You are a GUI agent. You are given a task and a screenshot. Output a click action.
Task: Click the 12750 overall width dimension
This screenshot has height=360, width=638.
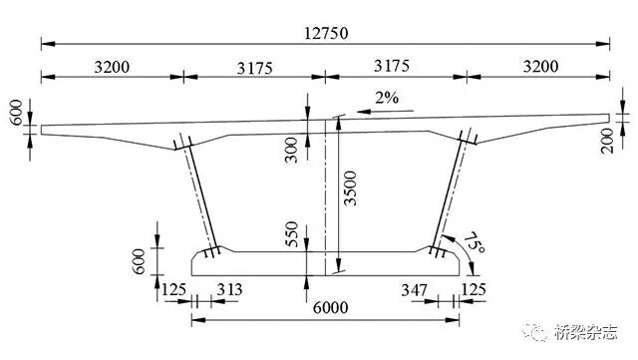[326, 33]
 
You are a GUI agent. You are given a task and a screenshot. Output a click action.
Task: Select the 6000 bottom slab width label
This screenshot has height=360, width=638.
[330, 308]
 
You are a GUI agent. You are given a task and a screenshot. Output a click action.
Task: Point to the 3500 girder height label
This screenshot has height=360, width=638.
[350, 188]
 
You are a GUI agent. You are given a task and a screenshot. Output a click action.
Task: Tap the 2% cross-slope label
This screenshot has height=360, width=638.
[387, 98]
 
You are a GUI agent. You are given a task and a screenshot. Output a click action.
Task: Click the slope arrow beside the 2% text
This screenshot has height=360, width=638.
[385, 111]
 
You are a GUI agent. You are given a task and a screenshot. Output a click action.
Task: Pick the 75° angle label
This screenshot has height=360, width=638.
[475, 243]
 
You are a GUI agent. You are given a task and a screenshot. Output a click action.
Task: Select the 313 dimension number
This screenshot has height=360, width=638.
[229, 289]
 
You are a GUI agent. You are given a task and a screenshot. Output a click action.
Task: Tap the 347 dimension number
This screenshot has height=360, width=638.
[415, 290]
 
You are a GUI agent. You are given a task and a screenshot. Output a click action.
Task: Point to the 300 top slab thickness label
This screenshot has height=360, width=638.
[291, 150]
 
